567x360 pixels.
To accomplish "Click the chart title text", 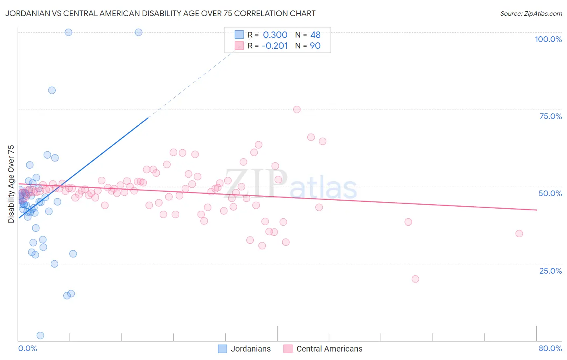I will coord(160,13).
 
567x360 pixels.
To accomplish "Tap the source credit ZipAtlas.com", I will coord(531,13).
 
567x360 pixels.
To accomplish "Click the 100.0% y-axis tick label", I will coord(548,39).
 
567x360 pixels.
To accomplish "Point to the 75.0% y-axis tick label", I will coord(550,116).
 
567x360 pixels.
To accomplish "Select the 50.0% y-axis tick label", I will coord(550,193).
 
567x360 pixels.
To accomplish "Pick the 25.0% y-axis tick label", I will coord(550,270).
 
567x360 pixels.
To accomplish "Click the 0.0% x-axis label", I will coord(27,348).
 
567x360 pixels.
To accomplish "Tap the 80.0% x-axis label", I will coord(550,348).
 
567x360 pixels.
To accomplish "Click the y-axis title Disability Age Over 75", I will coord(11,184).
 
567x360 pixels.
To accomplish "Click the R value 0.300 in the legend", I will coord(275,35).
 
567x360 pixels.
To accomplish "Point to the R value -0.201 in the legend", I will coord(274,46).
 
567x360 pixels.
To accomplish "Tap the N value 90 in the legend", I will coord(315,46).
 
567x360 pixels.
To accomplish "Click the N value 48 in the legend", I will coord(315,35).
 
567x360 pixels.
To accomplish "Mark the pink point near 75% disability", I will coord(297,109).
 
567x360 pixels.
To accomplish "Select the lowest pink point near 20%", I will coord(415,279).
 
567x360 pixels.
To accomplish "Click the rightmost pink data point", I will coord(519,234).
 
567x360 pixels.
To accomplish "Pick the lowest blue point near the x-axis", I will coord(40,335).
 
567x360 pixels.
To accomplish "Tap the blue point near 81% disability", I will coord(52,90).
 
